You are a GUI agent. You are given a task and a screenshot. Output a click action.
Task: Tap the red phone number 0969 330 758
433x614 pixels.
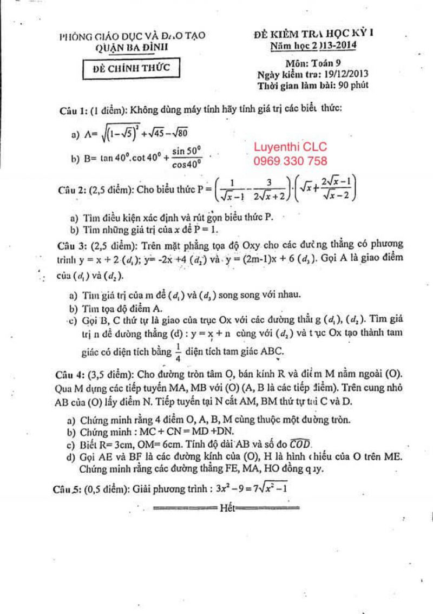291,161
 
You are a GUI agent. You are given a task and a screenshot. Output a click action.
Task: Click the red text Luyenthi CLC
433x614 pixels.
291,147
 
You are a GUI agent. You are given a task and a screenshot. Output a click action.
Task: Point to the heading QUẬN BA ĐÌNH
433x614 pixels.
132,47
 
